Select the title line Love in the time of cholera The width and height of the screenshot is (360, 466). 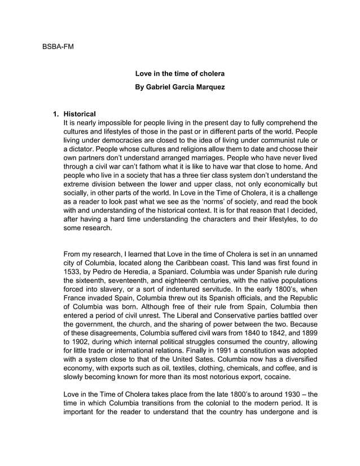180,74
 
